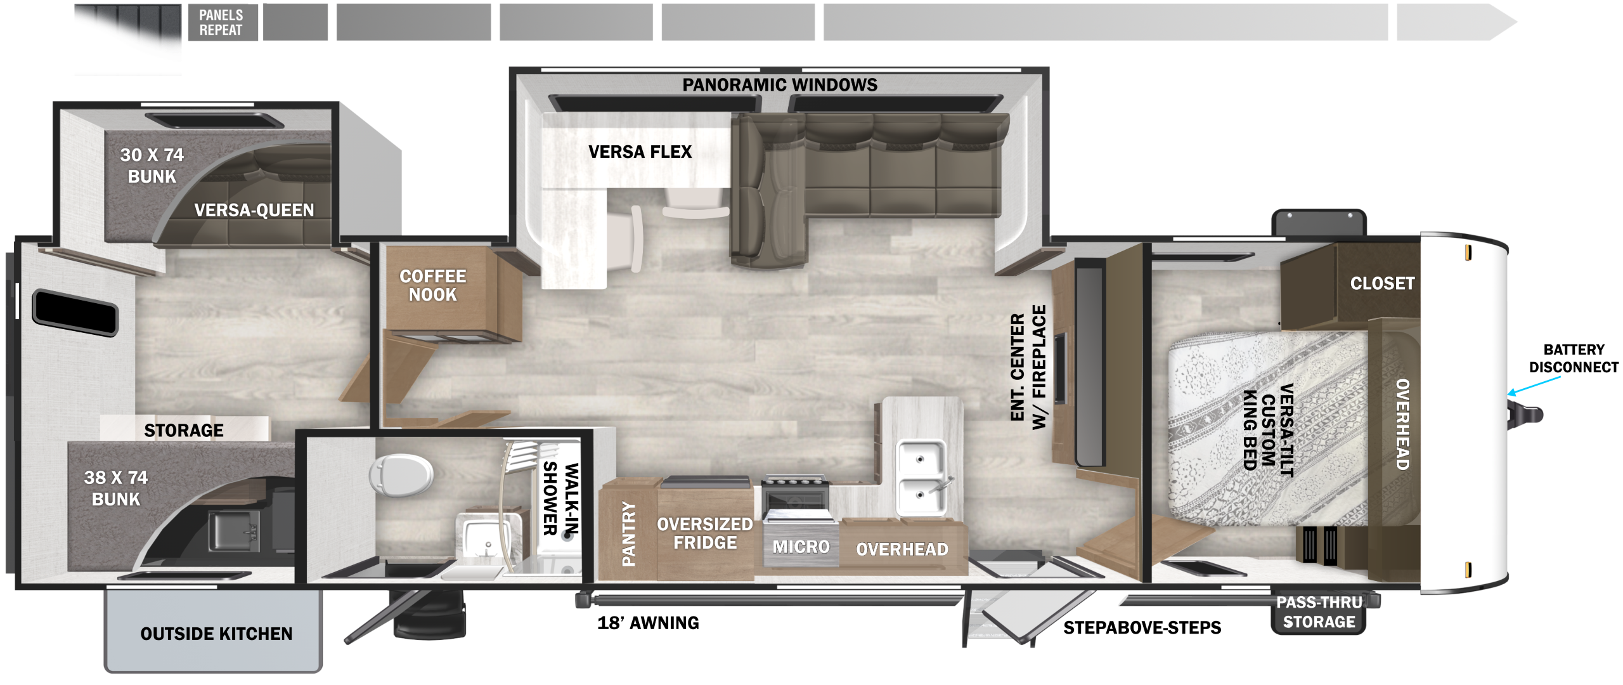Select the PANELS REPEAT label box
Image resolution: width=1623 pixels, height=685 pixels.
(x=223, y=22)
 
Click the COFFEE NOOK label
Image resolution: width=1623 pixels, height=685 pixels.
(x=432, y=285)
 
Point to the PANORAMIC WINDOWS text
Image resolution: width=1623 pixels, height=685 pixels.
(x=780, y=84)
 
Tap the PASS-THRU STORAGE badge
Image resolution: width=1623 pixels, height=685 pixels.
(x=1319, y=612)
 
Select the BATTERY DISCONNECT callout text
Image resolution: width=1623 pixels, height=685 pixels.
(x=1574, y=358)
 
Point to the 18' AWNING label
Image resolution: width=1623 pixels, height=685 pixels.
(x=648, y=623)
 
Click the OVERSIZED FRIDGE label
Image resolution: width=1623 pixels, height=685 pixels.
(x=705, y=533)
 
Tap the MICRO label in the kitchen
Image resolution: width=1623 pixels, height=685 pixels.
(x=801, y=547)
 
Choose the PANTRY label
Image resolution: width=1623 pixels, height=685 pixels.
(x=628, y=533)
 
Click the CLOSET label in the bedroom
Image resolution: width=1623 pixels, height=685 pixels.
(x=1382, y=283)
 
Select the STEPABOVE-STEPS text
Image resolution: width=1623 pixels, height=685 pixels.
(x=1142, y=627)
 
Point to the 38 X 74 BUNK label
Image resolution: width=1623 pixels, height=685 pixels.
(x=115, y=488)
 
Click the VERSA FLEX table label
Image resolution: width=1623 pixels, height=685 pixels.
(x=640, y=152)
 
